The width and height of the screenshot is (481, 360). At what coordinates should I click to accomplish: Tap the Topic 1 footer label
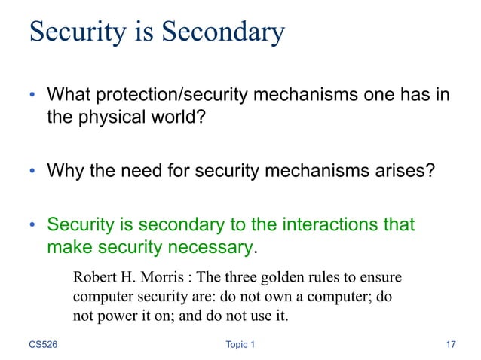click(240, 345)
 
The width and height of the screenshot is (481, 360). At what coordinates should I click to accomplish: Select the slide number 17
click(451, 345)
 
